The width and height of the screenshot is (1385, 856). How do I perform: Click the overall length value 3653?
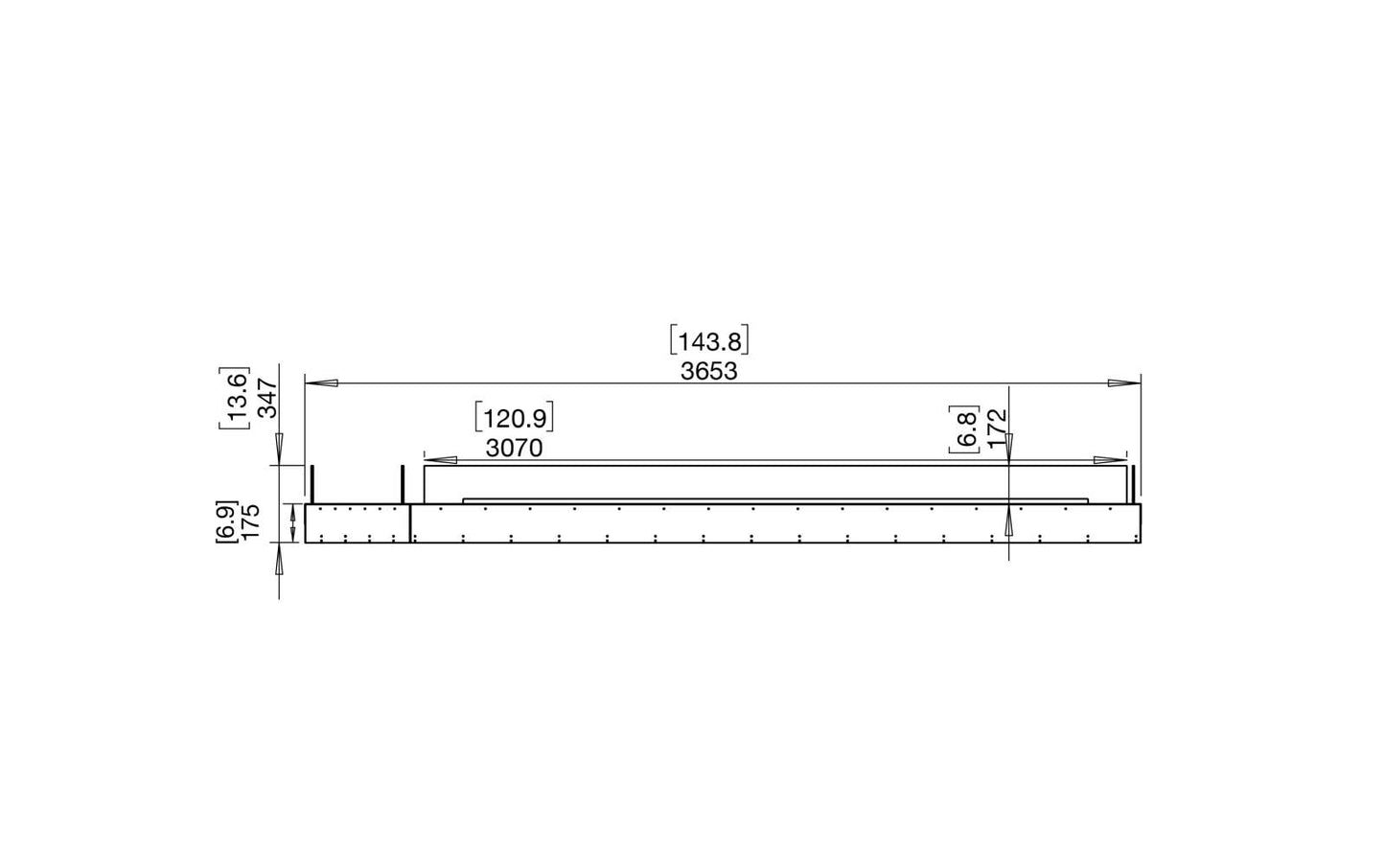(709, 371)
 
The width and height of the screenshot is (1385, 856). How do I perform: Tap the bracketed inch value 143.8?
(709, 341)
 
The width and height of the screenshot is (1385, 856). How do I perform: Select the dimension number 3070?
(514, 448)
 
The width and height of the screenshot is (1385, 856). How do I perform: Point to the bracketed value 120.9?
(514, 419)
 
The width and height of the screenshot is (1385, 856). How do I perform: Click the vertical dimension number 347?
(267, 398)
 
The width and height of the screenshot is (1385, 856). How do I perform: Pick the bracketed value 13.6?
(234, 398)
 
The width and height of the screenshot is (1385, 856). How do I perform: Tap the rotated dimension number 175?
(251, 522)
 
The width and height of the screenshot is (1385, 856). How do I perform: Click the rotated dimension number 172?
(998, 428)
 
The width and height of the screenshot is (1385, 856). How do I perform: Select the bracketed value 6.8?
(964, 428)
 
